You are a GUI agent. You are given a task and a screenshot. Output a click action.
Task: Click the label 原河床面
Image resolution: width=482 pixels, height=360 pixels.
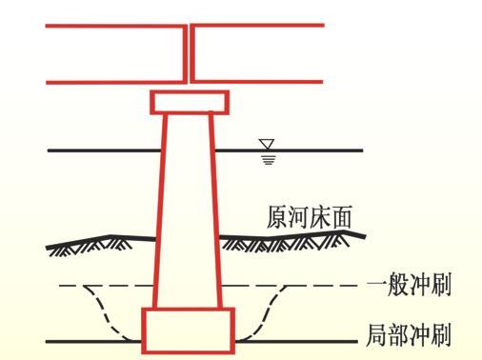[310, 219]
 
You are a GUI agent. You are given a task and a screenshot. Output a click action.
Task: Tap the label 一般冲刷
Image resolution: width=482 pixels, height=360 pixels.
[409, 285]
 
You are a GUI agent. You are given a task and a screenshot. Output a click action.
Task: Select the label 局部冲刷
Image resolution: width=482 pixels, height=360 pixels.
[409, 335]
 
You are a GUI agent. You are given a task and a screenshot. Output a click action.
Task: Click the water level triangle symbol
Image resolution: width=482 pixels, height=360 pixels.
[268, 145]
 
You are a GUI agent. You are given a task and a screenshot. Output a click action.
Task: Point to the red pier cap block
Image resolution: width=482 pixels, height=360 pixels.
[190, 102]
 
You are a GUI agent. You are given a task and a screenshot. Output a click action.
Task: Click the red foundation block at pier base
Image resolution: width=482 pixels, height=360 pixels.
[188, 330]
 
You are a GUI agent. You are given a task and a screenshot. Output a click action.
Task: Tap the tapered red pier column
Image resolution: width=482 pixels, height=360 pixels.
[189, 210]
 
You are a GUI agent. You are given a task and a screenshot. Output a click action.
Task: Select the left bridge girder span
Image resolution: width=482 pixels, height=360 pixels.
[114, 53]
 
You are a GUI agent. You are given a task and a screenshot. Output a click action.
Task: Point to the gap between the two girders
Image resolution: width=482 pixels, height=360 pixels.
[189, 53]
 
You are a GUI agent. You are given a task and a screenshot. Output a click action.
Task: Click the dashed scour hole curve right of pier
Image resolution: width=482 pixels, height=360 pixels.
[271, 310]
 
